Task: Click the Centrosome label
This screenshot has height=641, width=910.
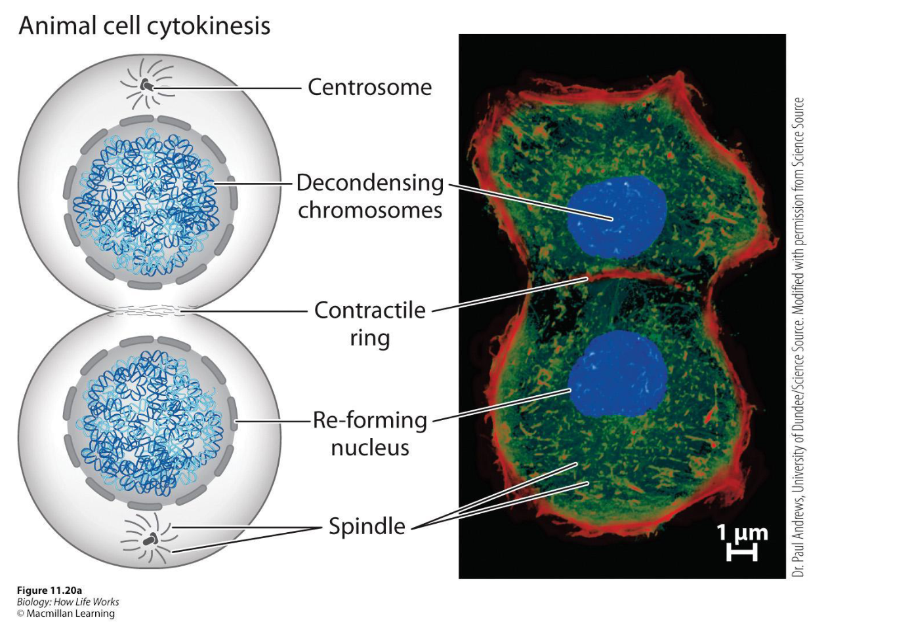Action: [369, 87]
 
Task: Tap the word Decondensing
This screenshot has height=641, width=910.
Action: [370, 183]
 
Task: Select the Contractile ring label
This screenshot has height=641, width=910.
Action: [370, 323]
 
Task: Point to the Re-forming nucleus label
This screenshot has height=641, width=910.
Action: [370, 433]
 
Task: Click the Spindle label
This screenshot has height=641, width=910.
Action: [367, 526]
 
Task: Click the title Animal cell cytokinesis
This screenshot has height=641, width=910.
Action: [144, 26]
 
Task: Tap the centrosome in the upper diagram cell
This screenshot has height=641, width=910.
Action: [146, 86]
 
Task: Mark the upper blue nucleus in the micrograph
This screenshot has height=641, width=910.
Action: [617, 217]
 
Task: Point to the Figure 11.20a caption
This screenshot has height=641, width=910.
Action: [49, 591]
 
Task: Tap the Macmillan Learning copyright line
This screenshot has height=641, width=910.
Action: [66, 614]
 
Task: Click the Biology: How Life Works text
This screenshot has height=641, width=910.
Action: [68, 602]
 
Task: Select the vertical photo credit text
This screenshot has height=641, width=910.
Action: [798, 338]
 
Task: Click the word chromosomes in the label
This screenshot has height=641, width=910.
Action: [370, 210]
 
